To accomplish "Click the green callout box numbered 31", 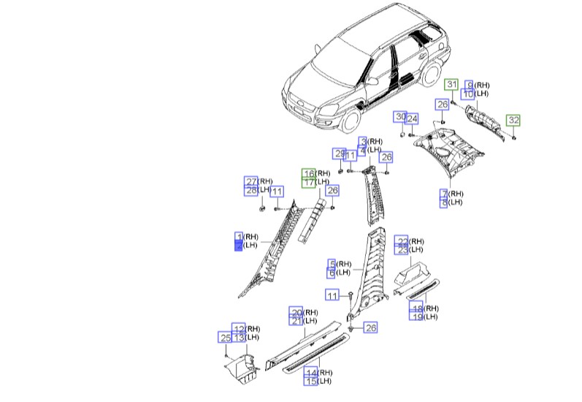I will [x=452, y=85].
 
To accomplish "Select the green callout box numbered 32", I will [x=514, y=120].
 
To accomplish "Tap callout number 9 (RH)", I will [x=470, y=85].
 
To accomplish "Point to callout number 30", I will [x=399, y=117].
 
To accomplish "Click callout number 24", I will [x=412, y=119].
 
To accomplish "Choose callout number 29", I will [x=339, y=153].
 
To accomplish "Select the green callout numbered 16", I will [x=310, y=173].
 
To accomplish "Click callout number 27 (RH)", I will [x=250, y=181].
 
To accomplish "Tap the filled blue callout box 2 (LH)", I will [x=238, y=246].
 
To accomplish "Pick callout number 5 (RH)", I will [x=332, y=264].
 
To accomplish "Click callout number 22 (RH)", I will [x=402, y=240].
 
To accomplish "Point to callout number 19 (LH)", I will [x=416, y=316].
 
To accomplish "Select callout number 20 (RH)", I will [x=296, y=312].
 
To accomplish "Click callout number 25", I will [x=225, y=337].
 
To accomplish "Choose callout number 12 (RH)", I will [x=239, y=328].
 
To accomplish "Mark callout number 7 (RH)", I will [x=443, y=194].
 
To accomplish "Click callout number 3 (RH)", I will [x=362, y=141].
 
